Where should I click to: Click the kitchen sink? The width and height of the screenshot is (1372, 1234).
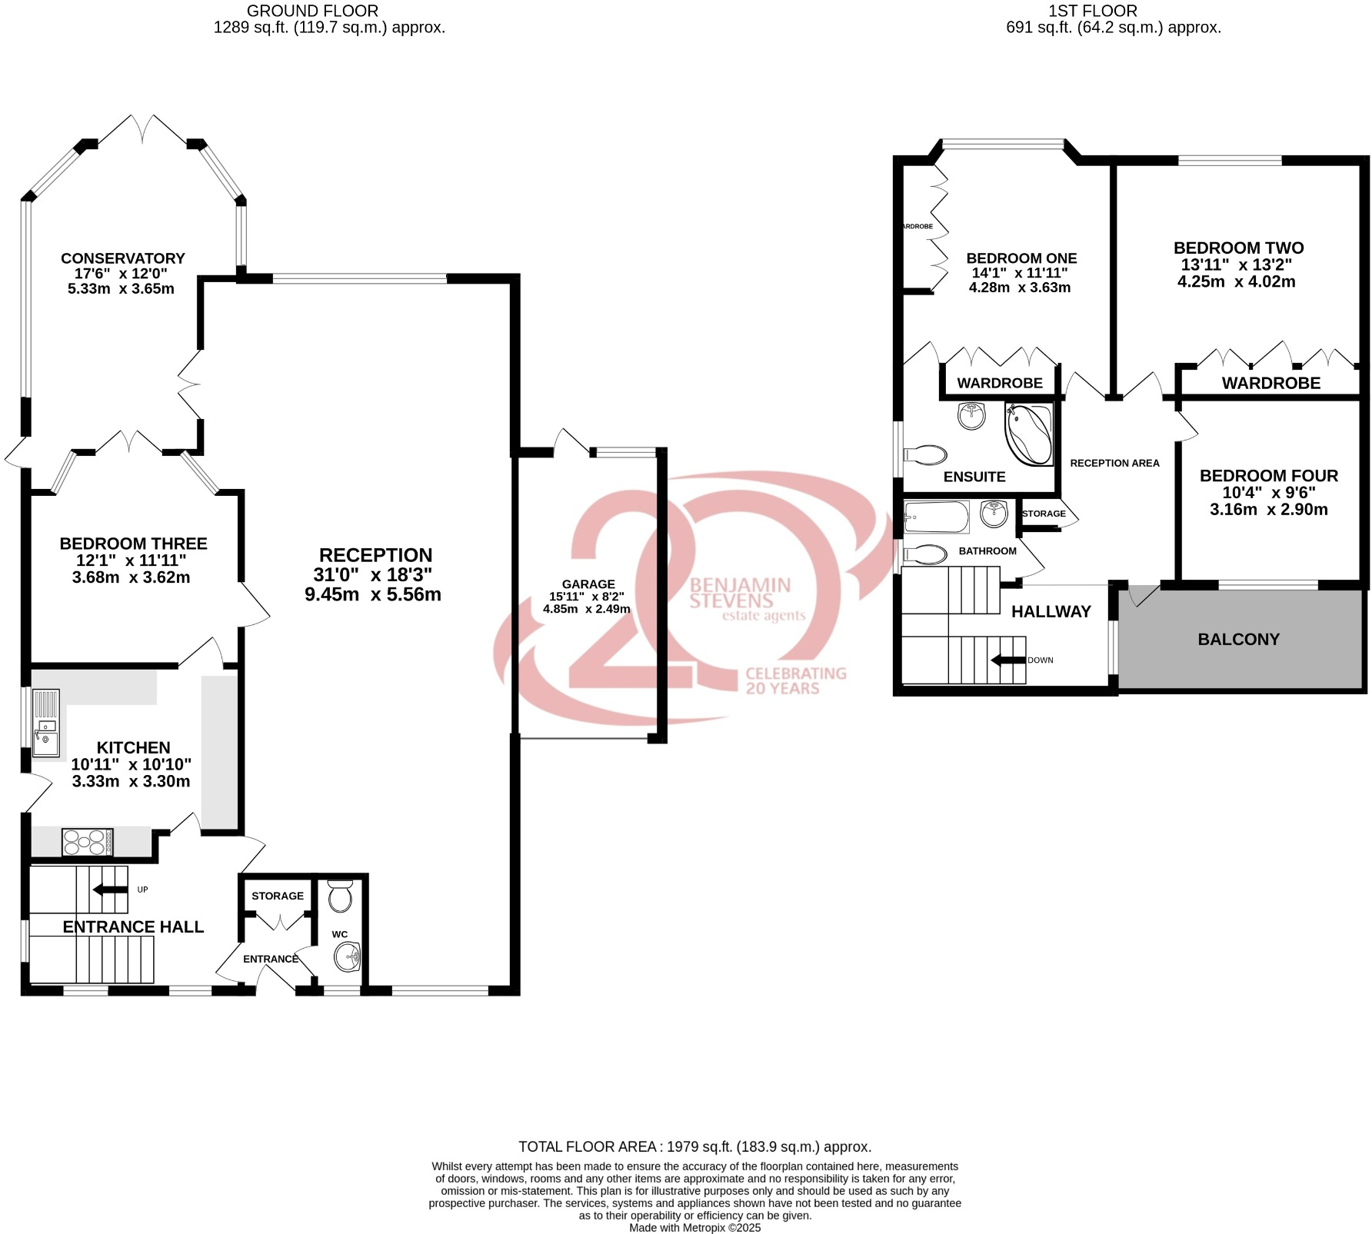pyautogui.click(x=45, y=723)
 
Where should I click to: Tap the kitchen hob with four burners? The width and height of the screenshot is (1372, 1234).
pyautogui.click(x=87, y=842)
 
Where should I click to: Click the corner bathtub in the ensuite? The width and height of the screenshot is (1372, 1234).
pyautogui.click(x=1029, y=434)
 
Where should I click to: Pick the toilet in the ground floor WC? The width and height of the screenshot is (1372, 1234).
pyautogui.click(x=339, y=897)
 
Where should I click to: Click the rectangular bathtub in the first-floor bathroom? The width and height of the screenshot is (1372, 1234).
pyautogui.click(x=936, y=517)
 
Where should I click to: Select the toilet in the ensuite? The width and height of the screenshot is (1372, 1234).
pyautogui.click(x=926, y=454)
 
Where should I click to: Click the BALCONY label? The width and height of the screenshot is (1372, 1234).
pyautogui.click(x=1238, y=639)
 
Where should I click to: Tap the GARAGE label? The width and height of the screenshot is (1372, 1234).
pyautogui.click(x=588, y=584)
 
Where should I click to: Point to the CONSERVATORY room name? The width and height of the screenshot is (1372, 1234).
pyautogui.click(x=123, y=258)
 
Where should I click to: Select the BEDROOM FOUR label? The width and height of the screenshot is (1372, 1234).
pyautogui.click(x=1268, y=476)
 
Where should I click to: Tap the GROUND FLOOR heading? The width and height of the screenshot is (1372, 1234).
pyautogui.click(x=312, y=11)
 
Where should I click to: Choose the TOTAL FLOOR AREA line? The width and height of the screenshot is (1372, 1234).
pyautogui.click(x=694, y=1146)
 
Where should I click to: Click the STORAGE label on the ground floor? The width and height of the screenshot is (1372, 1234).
pyautogui.click(x=278, y=896)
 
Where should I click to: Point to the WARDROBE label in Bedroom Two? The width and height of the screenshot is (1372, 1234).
pyautogui.click(x=1270, y=383)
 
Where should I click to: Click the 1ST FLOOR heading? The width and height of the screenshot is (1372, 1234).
pyautogui.click(x=1092, y=11)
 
